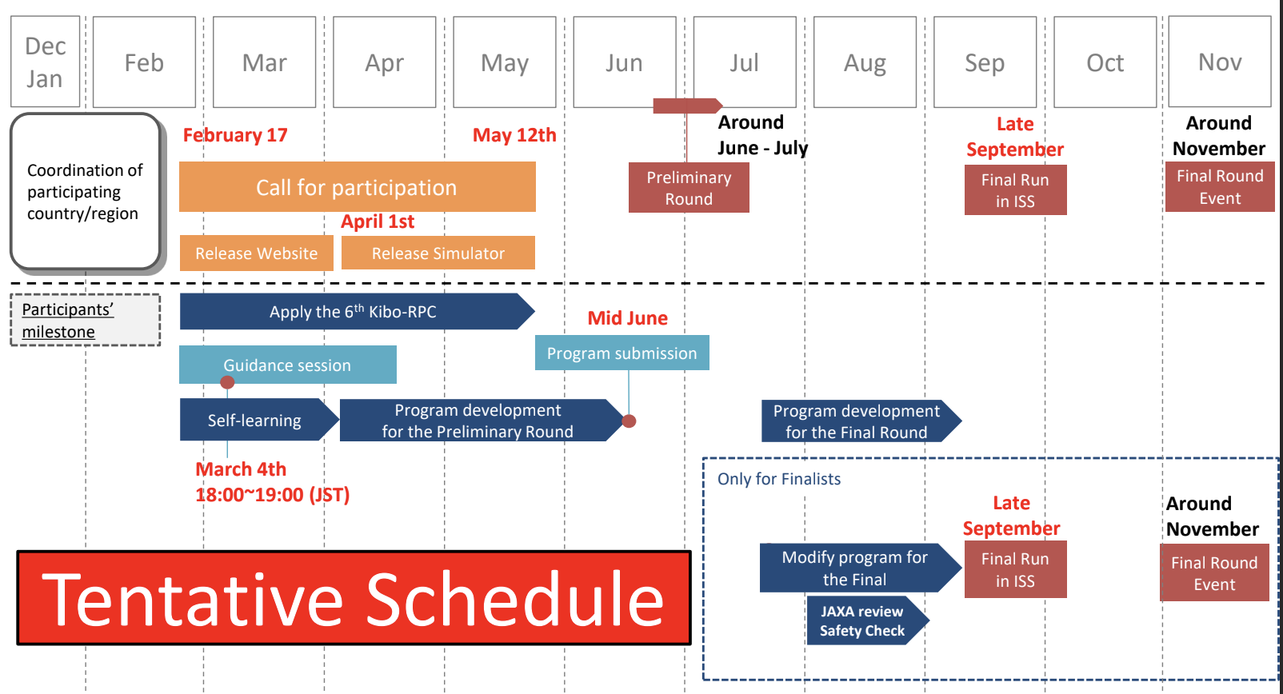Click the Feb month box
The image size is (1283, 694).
(x=144, y=62)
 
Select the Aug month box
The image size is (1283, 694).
(x=865, y=62)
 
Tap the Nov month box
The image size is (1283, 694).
(x=1220, y=62)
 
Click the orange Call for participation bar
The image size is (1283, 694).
(x=358, y=186)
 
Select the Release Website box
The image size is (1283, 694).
(x=257, y=253)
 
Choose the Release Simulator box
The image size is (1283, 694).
(x=438, y=253)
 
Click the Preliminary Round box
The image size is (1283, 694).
(x=689, y=188)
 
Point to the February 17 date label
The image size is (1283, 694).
(x=235, y=135)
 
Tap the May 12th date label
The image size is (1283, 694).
(x=514, y=135)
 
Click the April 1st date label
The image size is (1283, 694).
(x=378, y=221)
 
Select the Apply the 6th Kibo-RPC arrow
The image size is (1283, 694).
(x=358, y=312)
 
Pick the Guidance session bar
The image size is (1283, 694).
(x=287, y=365)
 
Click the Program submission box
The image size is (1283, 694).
(x=622, y=353)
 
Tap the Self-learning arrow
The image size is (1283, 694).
(x=259, y=420)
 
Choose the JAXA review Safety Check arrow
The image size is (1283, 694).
(x=868, y=620)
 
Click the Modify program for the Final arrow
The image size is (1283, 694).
(x=861, y=568)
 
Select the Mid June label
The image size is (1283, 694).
(x=628, y=318)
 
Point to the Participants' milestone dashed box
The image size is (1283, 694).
(x=86, y=320)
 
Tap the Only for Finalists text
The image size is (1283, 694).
(x=779, y=479)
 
